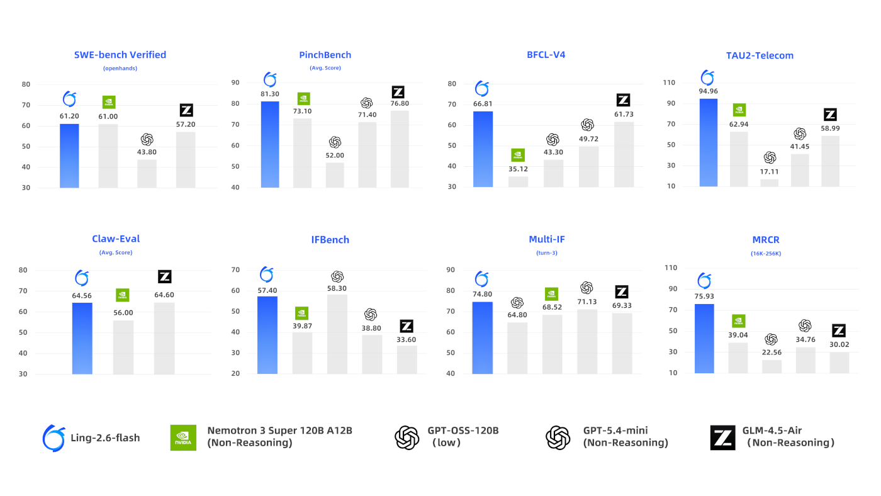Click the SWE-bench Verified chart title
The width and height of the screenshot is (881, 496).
point(120,55)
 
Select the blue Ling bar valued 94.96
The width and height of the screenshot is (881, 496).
point(708,143)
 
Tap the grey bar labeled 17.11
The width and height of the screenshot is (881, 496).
point(770,183)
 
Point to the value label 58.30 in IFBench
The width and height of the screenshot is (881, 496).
point(337,288)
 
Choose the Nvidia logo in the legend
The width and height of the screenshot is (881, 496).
point(183,437)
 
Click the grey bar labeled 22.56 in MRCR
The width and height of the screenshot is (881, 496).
point(772,366)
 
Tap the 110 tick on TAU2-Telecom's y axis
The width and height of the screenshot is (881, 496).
point(668,83)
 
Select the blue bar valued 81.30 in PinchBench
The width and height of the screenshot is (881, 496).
point(270,144)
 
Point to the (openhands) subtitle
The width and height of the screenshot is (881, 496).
point(120,68)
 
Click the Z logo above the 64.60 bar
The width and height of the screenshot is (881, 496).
point(164,276)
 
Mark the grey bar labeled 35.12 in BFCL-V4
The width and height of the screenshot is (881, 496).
point(518,181)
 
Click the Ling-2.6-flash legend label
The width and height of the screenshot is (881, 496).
point(106,437)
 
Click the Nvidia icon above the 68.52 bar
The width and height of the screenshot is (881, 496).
point(551,293)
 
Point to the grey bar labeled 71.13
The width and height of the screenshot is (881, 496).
point(587,341)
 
